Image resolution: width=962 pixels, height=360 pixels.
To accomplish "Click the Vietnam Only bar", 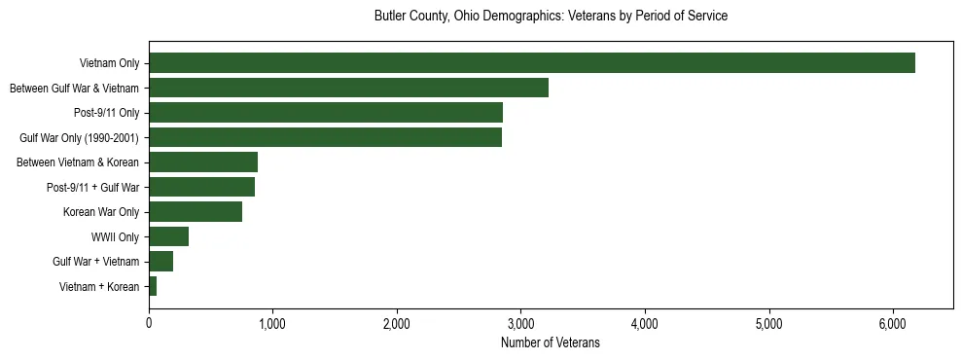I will pos(532,63).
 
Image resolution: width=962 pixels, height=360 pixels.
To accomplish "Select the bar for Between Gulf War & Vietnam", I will pos(348,88).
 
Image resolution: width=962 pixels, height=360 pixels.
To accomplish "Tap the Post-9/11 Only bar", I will pos(326,113).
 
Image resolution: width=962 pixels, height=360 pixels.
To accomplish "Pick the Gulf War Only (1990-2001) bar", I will pos(325,137).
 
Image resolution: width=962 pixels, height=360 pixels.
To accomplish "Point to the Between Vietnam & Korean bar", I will pos(203,162).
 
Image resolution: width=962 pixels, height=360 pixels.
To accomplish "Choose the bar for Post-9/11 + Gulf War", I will pos(201,187).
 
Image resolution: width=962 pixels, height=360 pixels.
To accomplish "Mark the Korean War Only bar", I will pos(196,212).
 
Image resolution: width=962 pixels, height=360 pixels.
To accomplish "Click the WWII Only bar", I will pos(168,236).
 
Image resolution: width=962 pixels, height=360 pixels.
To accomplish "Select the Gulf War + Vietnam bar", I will pos(160,262).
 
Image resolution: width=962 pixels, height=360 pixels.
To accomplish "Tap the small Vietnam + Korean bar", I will pos(153,286).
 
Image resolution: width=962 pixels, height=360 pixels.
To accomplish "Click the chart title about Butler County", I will pos(551,17).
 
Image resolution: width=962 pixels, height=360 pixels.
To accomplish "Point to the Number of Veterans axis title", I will pos(551,343).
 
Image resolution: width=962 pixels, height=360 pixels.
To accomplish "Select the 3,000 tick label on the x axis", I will pos(521,324).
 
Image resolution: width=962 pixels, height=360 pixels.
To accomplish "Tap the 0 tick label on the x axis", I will pos(149,324).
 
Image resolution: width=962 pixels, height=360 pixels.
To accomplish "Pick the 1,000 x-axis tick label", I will pos(272,324).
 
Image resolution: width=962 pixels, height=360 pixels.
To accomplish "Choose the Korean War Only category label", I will pos(101,212).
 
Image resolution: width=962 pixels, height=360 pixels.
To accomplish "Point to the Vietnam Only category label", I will pos(109,63).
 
